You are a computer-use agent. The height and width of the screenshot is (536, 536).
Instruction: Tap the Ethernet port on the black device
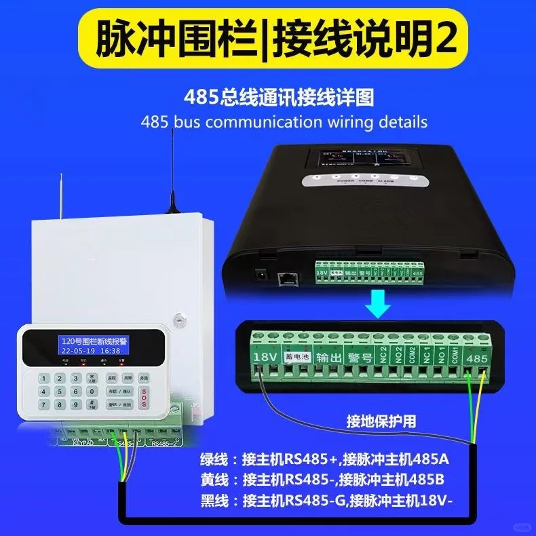pos(286,277)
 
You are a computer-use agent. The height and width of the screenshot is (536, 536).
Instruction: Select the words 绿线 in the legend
pos(216,459)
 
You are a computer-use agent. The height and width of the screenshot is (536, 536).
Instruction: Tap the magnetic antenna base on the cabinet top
pos(172,210)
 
